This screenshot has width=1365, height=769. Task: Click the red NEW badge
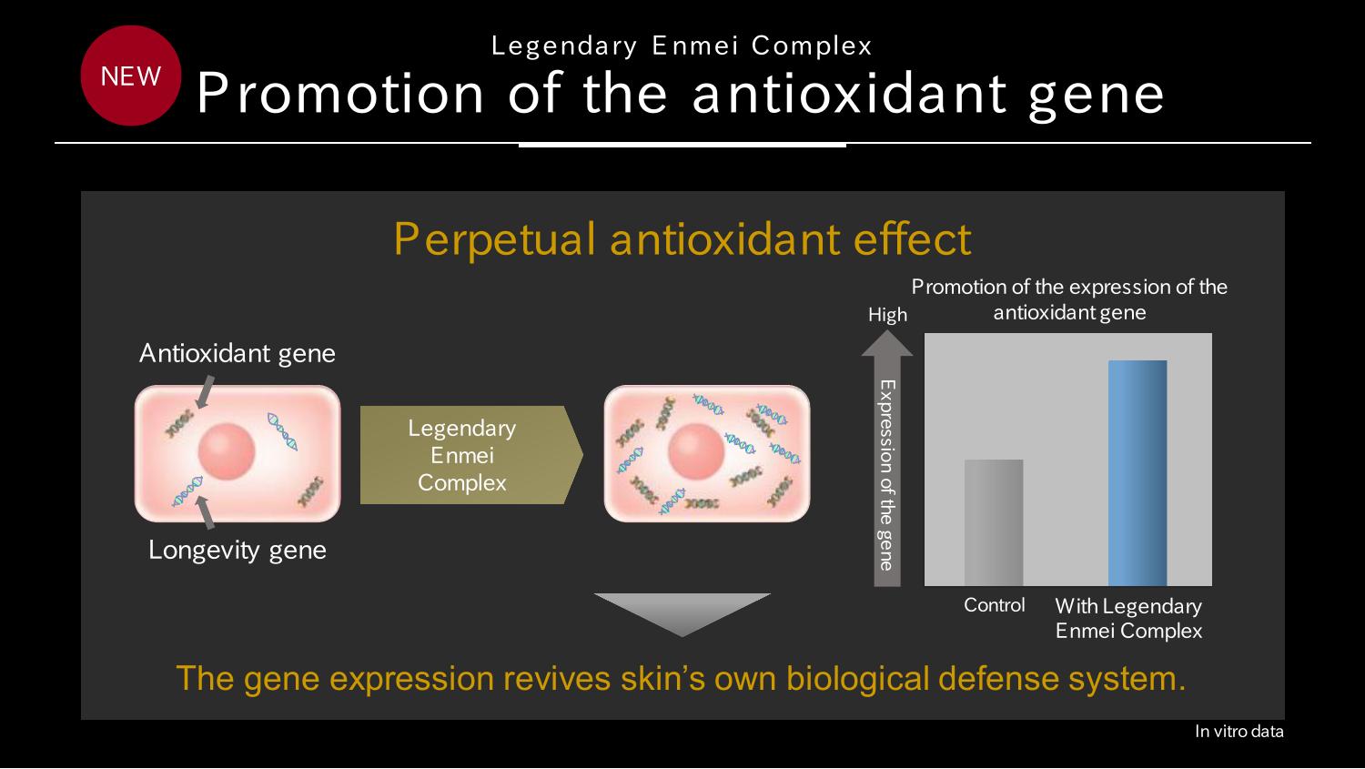tap(130, 76)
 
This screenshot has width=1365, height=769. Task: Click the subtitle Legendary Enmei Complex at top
tap(682, 46)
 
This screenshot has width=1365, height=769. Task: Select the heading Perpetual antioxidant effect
tap(682, 238)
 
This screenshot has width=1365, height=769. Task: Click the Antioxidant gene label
tap(237, 354)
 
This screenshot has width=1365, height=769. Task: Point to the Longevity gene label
tap(237, 551)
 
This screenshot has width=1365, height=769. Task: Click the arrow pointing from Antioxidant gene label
tap(205, 392)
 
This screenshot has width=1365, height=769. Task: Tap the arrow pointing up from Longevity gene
tap(206, 511)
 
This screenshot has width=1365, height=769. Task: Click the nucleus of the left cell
tap(226, 451)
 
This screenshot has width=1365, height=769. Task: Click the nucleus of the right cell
tap(696, 451)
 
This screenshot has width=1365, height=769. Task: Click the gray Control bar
tap(994, 522)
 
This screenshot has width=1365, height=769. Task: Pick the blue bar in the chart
tap(1137, 473)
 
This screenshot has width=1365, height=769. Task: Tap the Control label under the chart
tap(994, 605)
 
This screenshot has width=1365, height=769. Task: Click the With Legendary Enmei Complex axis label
tap(1128, 618)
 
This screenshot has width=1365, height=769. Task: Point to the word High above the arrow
tap(887, 315)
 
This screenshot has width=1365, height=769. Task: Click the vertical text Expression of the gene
tap(886, 475)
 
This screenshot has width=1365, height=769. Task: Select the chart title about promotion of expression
tap(1069, 299)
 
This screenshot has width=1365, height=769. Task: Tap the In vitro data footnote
tap(1239, 731)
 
